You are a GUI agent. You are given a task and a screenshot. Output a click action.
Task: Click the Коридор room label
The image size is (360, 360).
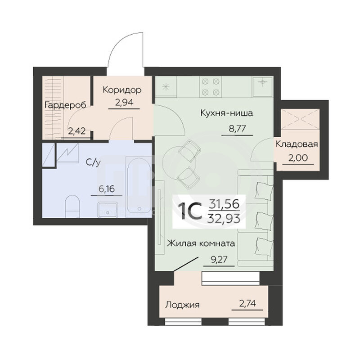tap(122, 90)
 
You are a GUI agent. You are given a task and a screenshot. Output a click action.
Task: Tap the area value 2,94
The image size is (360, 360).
tap(124, 103)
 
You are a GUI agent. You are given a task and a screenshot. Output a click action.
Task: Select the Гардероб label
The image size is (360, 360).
tap(65, 105)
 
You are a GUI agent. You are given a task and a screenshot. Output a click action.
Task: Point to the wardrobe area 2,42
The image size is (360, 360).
tap(77, 131)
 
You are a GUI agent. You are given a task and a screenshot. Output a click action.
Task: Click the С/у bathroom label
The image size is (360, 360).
tap(93, 162)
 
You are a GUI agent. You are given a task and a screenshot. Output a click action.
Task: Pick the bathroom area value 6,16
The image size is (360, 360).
tap(107, 189)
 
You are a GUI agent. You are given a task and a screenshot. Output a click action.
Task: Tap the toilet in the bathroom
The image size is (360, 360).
tap(72, 207)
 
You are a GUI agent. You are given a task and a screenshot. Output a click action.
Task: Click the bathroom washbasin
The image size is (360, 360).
tap(108, 210)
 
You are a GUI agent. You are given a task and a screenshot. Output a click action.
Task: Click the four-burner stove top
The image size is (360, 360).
tap(211, 87)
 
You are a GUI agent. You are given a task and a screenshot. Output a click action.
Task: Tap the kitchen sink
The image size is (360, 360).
tap(263, 86)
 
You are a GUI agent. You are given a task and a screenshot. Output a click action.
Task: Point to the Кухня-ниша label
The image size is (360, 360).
tap(227, 113)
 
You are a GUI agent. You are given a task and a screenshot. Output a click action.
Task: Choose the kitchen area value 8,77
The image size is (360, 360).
tap(237, 129)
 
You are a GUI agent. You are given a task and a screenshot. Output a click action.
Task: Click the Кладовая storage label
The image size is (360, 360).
tap(297, 144)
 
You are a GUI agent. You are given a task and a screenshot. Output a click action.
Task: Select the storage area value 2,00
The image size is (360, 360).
tap(298, 158)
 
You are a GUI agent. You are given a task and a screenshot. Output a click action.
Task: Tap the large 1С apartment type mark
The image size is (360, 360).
tap(190, 211)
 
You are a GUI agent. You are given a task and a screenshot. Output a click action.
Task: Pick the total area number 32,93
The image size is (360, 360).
tap(224, 218)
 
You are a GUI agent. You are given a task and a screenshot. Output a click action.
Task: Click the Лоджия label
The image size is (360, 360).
tap(183, 305)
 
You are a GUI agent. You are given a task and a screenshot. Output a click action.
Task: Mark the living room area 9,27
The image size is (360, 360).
tap(219, 260)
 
